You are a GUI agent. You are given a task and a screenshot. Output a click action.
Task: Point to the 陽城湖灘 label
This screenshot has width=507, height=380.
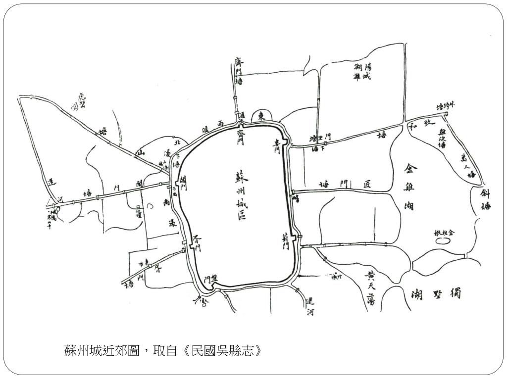(x=362, y=72)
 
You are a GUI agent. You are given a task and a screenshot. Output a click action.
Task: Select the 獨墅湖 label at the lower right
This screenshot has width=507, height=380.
(x=437, y=295)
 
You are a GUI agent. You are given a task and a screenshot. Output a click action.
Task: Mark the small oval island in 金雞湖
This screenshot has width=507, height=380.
(x=443, y=241)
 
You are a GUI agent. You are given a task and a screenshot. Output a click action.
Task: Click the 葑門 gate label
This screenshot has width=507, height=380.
(x=286, y=241)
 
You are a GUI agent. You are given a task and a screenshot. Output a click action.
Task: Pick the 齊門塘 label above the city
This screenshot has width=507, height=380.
(x=239, y=71)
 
